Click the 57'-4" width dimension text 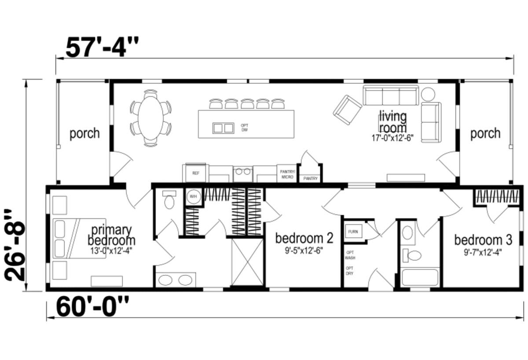(102, 47)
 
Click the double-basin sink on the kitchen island (223, 128)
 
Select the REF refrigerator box (196, 173)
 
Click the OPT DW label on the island (245, 128)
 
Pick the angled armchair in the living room (347, 109)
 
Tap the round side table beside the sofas (428, 94)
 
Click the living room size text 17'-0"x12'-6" (393, 137)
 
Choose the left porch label (84, 133)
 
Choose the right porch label (485, 133)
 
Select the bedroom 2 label (304, 239)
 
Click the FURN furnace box (353, 231)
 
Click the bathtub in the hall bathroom (420, 277)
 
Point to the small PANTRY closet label (310, 179)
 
